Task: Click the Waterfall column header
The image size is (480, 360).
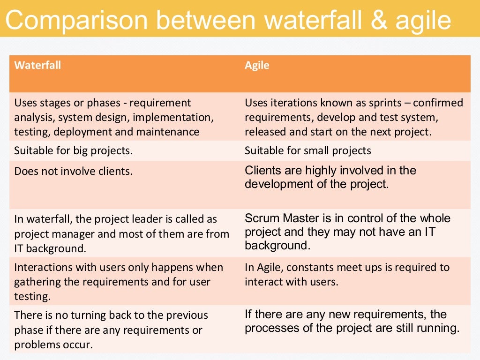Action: pos(37,65)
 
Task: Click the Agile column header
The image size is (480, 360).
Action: pos(257,65)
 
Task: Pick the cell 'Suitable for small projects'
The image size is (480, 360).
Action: pos(307,151)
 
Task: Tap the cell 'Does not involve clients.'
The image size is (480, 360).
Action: pos(73,172)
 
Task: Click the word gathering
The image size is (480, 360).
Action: pos(36,282)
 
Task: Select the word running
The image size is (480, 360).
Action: pos(439,328)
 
